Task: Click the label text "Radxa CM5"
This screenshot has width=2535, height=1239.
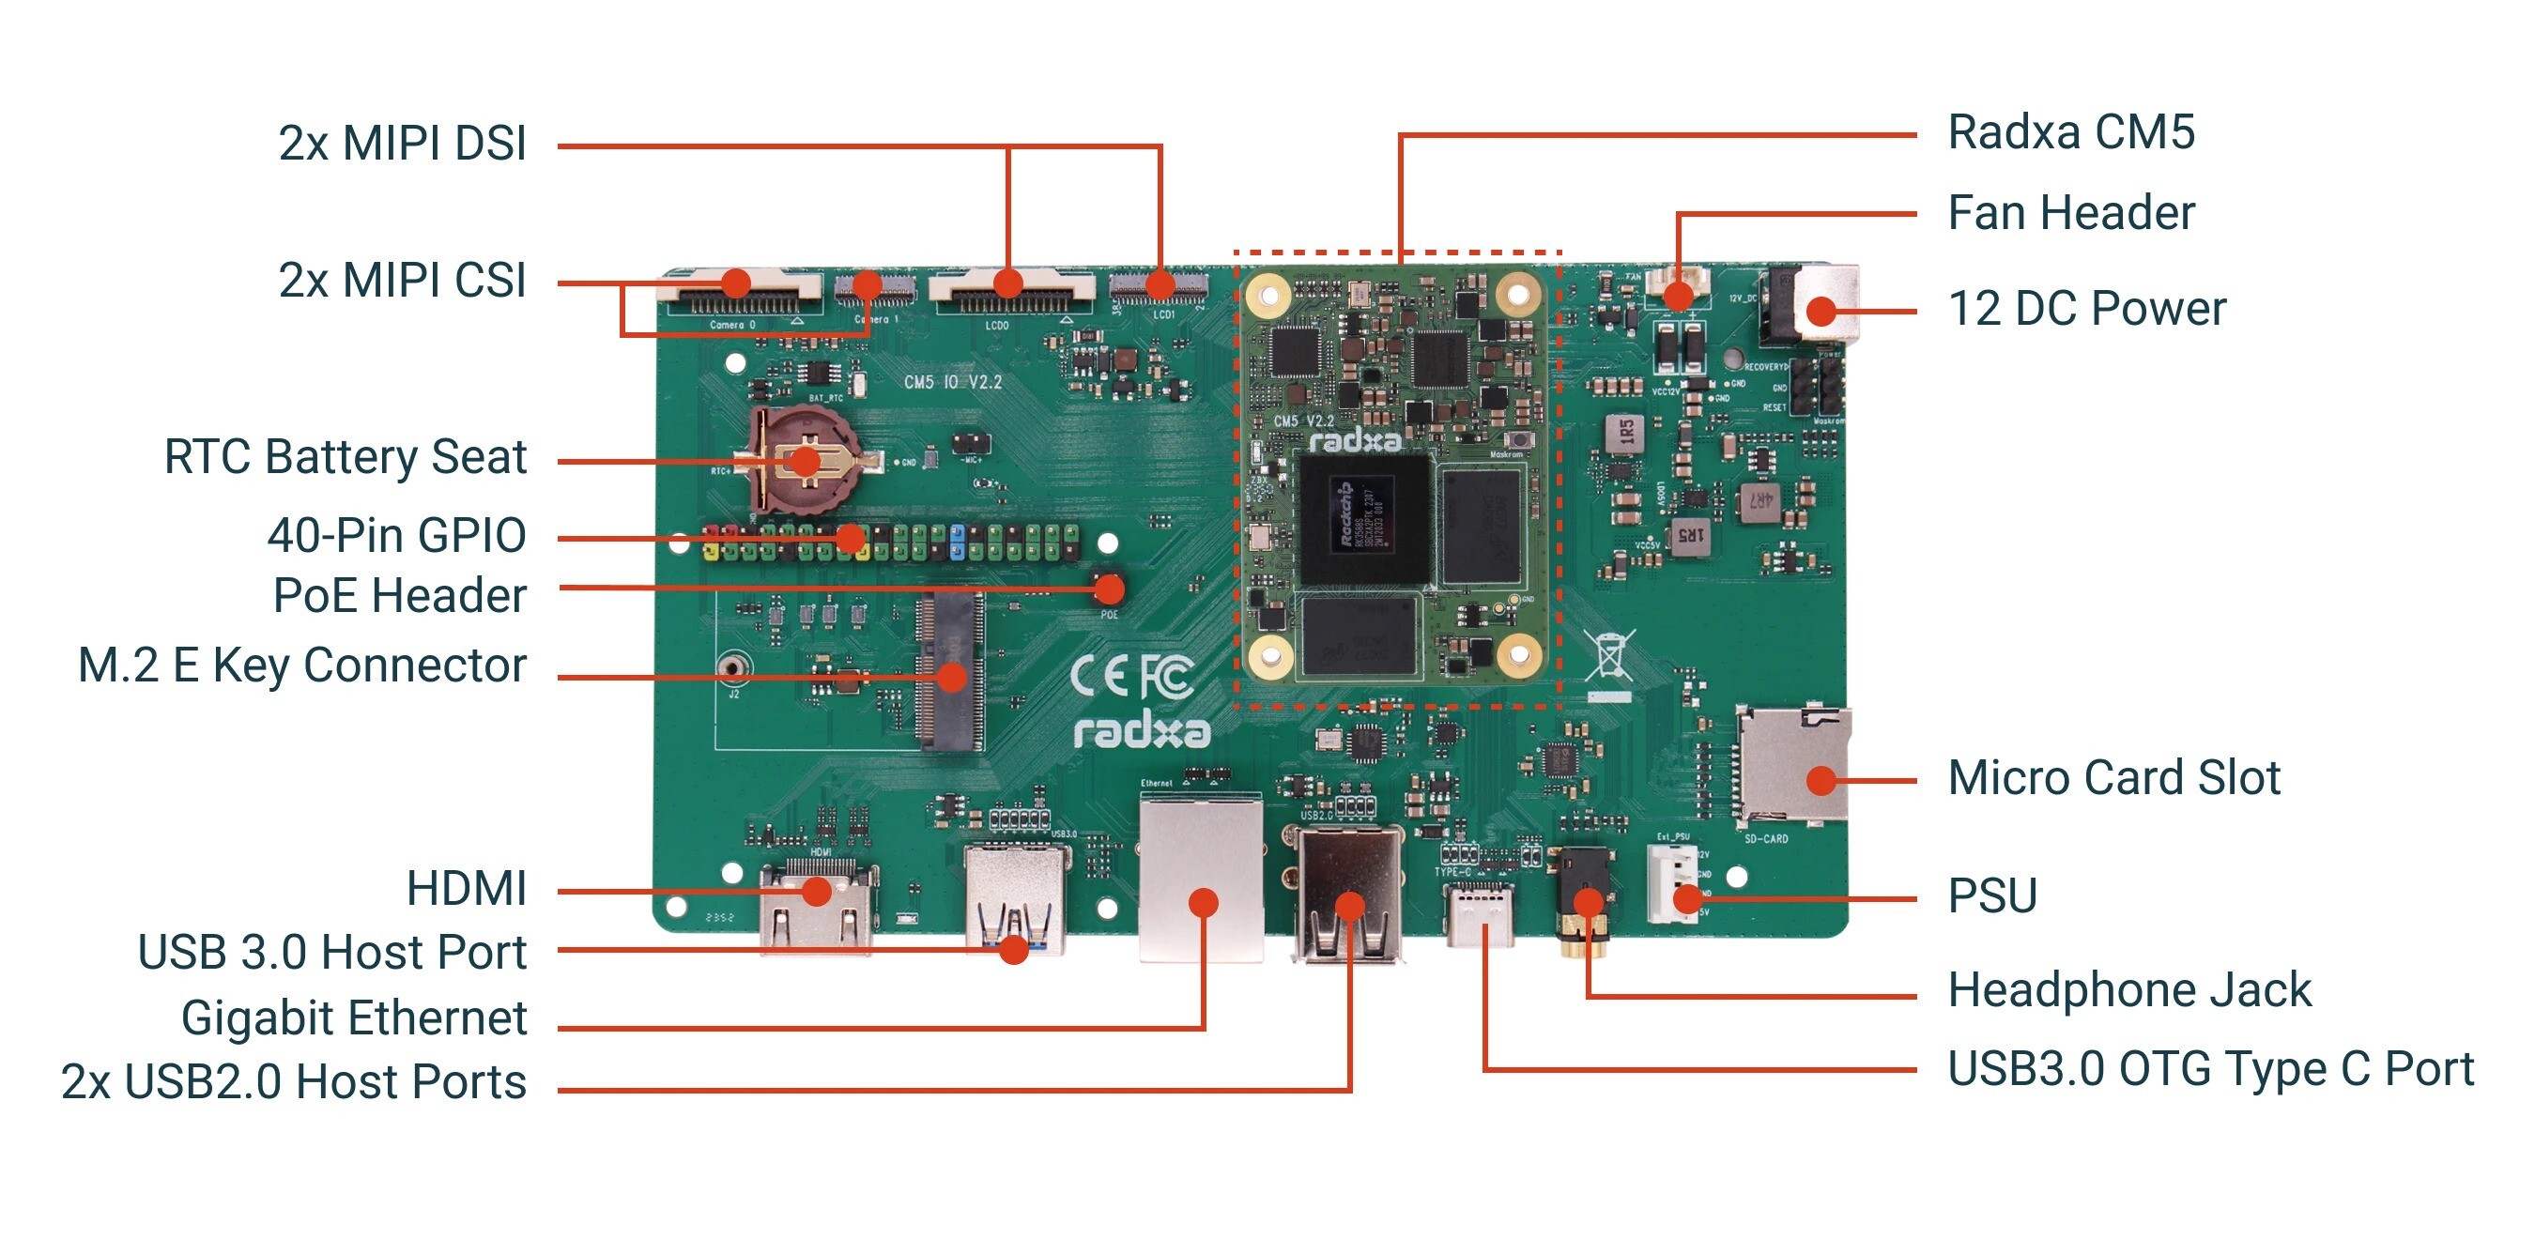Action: coord(2070,133)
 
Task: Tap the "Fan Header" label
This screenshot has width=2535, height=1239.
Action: coord(2070,212)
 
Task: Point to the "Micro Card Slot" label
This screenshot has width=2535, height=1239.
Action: coord(2113,778)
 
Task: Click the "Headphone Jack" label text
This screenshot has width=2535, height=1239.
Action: coord(2129,990)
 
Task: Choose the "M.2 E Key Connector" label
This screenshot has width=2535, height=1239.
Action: coord(302,665)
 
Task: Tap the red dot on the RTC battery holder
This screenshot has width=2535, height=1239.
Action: coord(806,461)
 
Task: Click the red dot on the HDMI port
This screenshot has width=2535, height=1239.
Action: coord(816,892)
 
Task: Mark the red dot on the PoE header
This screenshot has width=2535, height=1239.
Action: coord(1109,589)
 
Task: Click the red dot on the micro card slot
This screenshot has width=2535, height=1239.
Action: coord(1821,780)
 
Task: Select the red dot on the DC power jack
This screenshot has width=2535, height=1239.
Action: coord(1821,311)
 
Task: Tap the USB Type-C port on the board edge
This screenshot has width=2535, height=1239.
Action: coord(1480,915)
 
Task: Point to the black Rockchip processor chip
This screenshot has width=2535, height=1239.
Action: coord(1365,519)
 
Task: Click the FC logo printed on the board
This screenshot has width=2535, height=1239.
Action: coord(1168,677)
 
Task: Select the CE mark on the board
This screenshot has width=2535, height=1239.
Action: coord(1099,676)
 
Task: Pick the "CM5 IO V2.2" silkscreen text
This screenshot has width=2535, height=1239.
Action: coord(953,382)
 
